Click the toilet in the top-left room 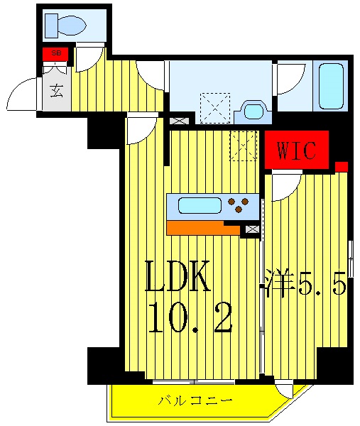66,26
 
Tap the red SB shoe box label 55,54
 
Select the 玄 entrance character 55,90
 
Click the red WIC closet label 296,150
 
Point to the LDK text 178,277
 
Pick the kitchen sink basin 200,206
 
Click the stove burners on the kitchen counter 241,205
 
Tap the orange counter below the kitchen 203,228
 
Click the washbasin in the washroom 253,110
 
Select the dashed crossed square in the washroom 214,108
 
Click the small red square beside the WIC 342,167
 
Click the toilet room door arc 88,58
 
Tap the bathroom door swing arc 290,78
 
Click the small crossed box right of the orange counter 251,229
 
